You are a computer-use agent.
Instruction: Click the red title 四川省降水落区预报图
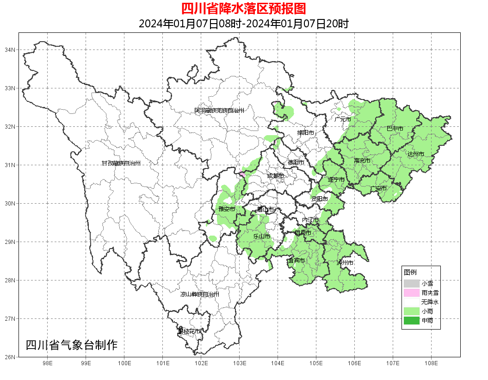(243, 8)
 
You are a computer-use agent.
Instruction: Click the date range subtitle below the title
(243, 24)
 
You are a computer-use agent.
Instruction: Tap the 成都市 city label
(276, 176)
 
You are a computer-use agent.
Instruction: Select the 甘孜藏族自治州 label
(121, 163)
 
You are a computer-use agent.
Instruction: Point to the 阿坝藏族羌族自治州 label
(219, 111)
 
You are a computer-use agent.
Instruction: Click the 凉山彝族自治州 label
(200, 294)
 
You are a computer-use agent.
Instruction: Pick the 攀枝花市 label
(190, 331)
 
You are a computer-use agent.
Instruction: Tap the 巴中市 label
(395, 128)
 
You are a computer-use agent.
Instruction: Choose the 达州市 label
(416, 154)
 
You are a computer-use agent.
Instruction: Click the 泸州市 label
(345, 262)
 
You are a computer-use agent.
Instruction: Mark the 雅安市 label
(227, 209)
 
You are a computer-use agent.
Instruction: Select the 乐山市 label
(261, 237)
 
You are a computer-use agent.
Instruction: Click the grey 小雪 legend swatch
(411, 283)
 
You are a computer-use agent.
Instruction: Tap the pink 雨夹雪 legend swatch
(411, 293)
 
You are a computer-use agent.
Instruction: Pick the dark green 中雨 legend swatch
(411, 320)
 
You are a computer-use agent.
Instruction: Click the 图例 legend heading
(410, 272)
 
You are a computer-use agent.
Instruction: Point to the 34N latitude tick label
(11, 50)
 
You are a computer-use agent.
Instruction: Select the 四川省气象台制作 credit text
(72, 345)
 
